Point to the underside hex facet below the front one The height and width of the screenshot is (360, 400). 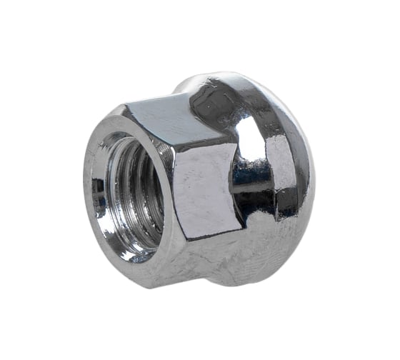point(214,254)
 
